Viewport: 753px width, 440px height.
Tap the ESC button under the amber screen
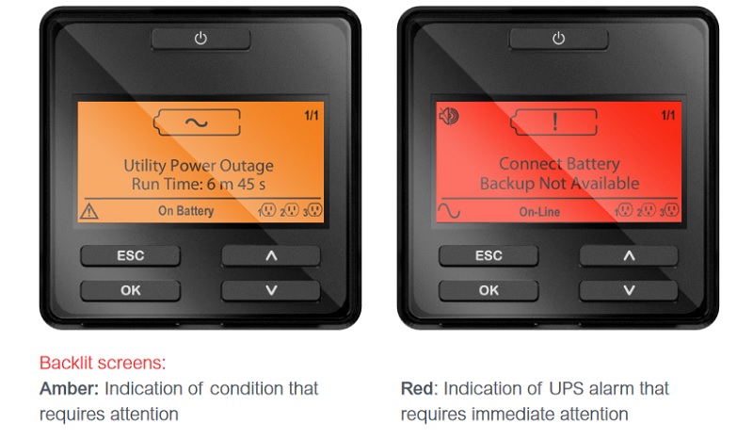click(x=130, y=255)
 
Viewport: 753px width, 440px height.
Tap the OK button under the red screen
click(x=489, y=290)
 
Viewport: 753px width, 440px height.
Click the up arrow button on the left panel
click(x=271, y=255)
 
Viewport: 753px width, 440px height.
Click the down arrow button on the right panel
click(x=629, y=290)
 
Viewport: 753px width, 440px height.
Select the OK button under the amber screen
click(x=130, y=290)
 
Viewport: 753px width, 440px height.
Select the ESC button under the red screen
click(x=489, y=255)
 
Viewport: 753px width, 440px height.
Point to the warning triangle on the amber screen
click(x=89, y=211)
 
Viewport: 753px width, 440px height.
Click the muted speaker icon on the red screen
click(x=449, y=115)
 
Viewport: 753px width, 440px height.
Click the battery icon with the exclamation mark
click(x=553, y=122)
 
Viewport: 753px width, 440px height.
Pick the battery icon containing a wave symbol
click(x=197, y=122)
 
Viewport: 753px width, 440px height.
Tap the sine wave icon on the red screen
click(x=449, y=211)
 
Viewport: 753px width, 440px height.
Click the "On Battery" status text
click(x=185, y=211)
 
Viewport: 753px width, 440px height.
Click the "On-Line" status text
click(x=539, y=212)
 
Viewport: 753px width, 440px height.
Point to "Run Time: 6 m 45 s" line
click(x=199, y=184)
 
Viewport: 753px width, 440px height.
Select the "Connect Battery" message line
click(x=559, y=164)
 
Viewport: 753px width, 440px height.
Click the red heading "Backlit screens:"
click(x=103, y=363)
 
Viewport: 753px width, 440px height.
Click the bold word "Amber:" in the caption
click(x=69, y=388)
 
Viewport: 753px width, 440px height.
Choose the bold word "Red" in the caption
click(x=417, y=388)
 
